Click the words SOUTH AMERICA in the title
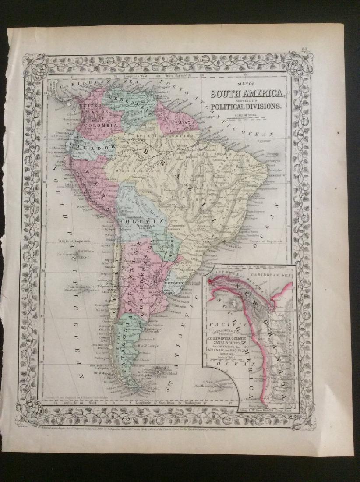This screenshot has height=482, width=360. tap(248, 93)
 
